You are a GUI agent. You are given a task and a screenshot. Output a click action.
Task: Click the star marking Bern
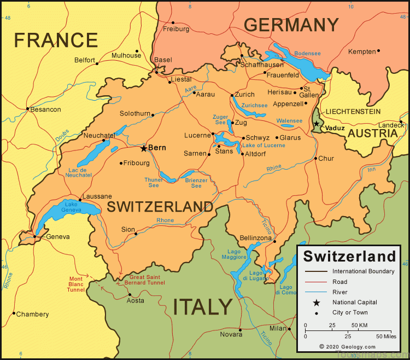[x=144, y=148]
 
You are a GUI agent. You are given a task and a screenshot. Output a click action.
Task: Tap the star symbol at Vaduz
[x=317, y=124]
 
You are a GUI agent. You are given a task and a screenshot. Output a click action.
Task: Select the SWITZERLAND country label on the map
[x=160, y=207]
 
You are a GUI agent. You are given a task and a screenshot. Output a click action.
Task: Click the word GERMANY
[x=291, y=25]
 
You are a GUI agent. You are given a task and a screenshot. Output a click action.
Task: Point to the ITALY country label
[x=203, y=307]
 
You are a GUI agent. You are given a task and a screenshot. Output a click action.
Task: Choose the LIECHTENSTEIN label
[x=353, y=111]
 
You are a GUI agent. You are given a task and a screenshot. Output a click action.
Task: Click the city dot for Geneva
[x=34, y=236]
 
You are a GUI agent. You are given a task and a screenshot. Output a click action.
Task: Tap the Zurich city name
[x=244, y=94]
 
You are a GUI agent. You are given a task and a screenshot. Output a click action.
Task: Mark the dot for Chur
[x=315, y=158]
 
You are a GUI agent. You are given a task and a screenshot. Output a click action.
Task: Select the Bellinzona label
[x=255, y=238]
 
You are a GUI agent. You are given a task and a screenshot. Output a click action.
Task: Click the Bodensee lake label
[x=307, y=54]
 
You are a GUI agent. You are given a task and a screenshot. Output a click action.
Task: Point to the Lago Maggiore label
[x=233, y=254]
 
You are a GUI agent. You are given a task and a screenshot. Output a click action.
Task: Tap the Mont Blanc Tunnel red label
[x=76, y=284]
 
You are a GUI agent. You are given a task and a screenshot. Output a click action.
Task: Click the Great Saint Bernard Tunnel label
[x=139, y=280]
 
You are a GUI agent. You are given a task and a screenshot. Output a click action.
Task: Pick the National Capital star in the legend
[x=316, y=303]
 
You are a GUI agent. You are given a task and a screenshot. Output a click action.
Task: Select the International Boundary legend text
[x=363, y=271]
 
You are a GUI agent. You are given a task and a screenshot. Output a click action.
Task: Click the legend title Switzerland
[x=349, y=256]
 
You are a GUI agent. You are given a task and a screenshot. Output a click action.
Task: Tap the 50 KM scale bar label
[x=359, y=326]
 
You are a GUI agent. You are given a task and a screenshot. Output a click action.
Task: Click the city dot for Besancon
[x=27, y=109]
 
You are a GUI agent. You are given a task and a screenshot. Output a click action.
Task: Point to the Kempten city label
[x=362, y=51]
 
